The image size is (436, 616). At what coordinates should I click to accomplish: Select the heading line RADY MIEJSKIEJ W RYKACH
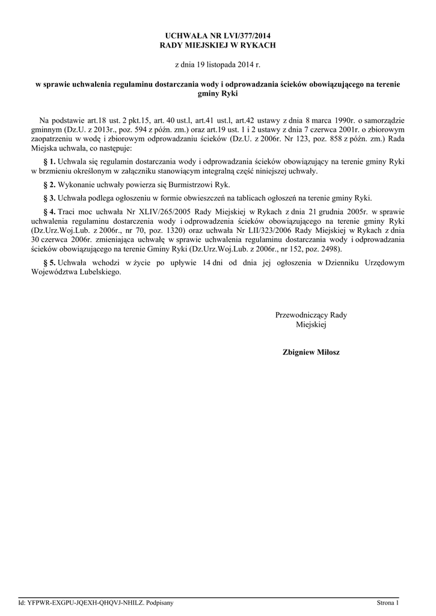click(218, 46)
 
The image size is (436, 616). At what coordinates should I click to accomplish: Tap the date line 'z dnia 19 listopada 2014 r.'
click(218, 63)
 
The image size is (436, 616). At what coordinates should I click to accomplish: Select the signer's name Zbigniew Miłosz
click(311, 352)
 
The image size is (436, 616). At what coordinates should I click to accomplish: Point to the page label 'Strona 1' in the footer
click(387, 602)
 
